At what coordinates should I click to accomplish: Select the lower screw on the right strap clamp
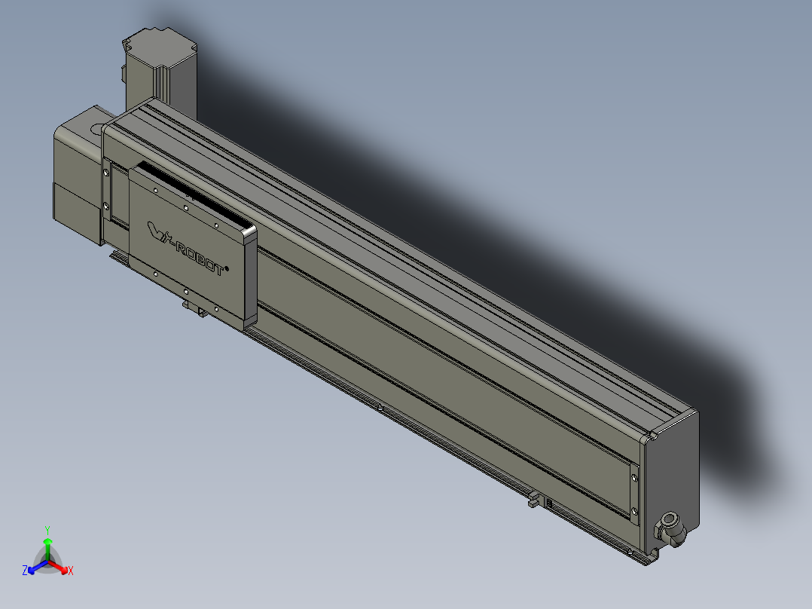click(x=634, y=513)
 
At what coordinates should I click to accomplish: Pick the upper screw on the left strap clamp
click(x=107, y=172)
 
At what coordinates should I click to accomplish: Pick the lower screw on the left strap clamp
click(x=107, y=206)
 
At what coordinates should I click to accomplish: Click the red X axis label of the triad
click(x=70, y=571)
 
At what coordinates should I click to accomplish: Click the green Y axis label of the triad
click(x=47, y=529)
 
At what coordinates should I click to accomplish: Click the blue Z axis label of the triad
click(x=25, y=571)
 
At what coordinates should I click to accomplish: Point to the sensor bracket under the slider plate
click(x=194, y=308)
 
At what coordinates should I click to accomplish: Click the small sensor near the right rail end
click(x=533, y=499)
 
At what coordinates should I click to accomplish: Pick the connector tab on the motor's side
click(x=123, y=74)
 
